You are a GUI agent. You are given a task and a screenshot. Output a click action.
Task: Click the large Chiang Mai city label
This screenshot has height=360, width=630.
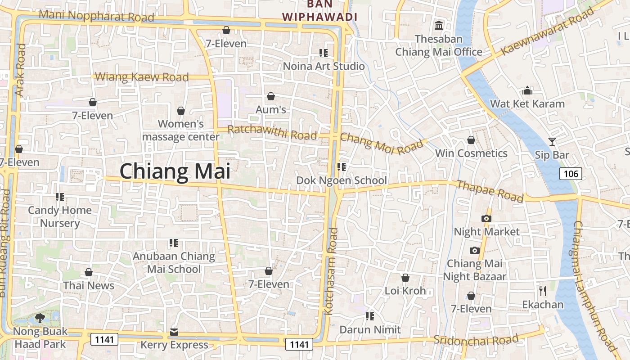coord(175,172)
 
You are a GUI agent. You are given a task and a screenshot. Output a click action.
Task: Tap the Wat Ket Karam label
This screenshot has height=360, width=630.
coord(527,104)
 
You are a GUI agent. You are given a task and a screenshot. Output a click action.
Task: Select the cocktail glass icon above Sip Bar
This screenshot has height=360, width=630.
coord(552,142)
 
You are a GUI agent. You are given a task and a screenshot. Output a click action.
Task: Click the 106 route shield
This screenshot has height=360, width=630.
coord(571,173)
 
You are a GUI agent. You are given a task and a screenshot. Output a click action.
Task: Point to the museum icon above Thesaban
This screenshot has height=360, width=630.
coord(439,25)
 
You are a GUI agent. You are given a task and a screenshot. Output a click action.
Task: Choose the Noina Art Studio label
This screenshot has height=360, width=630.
coord(324,67)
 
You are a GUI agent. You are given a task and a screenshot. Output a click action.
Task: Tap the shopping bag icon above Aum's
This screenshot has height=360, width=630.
coord(271,96)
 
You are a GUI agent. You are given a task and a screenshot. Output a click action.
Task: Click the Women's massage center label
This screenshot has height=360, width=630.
coord(181,130)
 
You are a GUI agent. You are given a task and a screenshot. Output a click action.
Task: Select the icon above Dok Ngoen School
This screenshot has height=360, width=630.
coord(342,167)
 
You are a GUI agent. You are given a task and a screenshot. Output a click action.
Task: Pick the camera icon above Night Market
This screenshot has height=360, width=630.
coord(486,218)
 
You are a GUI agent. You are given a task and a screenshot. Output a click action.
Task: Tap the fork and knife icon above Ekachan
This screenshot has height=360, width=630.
coord(543,291)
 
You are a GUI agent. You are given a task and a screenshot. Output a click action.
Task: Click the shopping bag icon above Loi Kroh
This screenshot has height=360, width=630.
coord(405,278)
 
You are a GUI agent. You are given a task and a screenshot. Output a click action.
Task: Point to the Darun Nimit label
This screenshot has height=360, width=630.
coord(370,330)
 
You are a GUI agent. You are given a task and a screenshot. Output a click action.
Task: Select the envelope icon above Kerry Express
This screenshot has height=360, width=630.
coord(174,332)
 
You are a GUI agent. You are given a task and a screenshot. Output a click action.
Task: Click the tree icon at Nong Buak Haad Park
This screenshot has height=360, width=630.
coord(40,318)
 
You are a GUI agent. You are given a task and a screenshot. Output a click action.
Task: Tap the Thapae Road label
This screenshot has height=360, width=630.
coord(490,191)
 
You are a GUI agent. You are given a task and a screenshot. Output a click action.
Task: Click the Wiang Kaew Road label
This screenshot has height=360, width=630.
coord(142,77)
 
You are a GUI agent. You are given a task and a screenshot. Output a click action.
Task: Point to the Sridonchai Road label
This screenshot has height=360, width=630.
coord(476,340)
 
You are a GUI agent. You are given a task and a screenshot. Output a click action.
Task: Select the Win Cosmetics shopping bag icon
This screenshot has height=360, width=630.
coord(471,140)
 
